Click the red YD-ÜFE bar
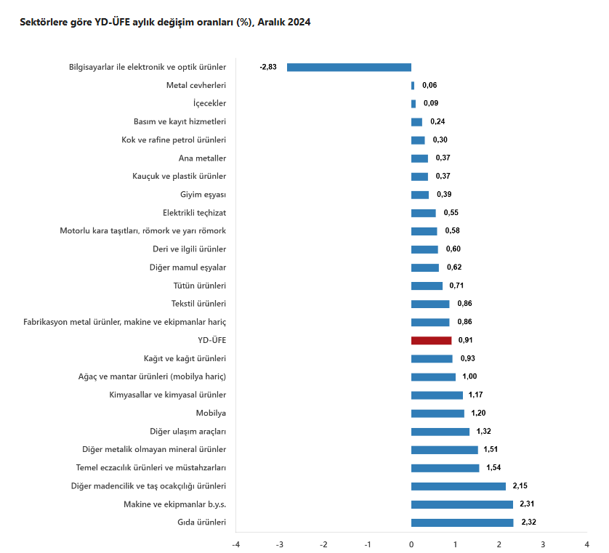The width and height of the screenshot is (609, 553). pos(431,340)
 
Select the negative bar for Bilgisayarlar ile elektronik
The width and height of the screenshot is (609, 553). pos(349,68)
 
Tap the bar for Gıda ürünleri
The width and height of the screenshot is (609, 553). pos(462,522)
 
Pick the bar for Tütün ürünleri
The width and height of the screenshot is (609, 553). pos(427,286)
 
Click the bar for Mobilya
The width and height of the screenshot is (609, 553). pos(437,413)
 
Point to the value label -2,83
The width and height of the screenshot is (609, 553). pos(268,68)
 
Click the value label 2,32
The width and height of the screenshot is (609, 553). pos(529,522)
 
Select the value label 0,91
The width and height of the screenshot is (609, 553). pos(466,340)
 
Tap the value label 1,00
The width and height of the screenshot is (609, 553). pos(469,376)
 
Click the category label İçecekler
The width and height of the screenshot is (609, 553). pos(209,103)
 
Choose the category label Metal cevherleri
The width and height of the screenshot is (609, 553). pos(196,85)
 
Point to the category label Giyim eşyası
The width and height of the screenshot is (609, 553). pos(203,194)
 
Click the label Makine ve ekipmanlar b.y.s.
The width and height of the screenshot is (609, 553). pos(174,504)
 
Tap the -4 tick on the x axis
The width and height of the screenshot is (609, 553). pos(235,544)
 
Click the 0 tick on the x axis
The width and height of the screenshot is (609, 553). pos(411,544)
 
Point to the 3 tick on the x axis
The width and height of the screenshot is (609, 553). pos(543,544)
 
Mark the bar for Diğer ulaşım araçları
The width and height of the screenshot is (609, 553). pos(440,432)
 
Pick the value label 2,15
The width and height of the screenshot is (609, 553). pos(520,485)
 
